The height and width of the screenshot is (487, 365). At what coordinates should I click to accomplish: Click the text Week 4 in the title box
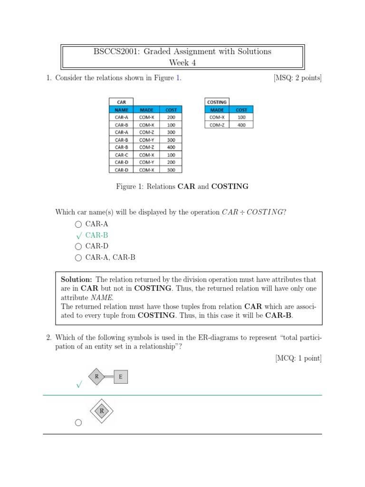[x=182, y=62]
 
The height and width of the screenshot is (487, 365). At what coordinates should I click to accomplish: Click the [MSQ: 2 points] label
[x=298, y=78]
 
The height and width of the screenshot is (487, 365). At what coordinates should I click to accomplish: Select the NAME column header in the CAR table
[x=121, y=109]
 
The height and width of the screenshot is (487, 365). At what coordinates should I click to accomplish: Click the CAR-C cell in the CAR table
[x=121, y=155]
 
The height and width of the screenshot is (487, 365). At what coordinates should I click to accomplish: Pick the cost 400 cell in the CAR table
[x=171, y=147]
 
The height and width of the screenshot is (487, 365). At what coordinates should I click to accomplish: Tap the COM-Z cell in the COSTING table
[x=217, y=125]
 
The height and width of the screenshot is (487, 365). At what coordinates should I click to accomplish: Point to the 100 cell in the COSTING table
[x=241, y=117]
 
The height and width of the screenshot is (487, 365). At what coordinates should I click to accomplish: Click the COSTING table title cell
[x=217, y=102]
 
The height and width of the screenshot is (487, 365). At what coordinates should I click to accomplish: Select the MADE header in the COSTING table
[x=217, y=109]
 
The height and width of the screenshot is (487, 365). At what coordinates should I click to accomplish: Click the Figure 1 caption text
[x=182, y=186]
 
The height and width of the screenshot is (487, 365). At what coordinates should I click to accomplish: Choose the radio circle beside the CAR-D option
[x=78, y=246]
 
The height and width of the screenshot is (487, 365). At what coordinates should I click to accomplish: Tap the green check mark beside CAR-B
[x=78, y=235]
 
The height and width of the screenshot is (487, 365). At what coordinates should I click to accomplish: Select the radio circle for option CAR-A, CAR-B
[x=78, y=258]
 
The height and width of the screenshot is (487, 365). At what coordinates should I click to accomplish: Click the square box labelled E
[x=121, y=377]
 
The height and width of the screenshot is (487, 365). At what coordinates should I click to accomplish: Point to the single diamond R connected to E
[x=97, y=377]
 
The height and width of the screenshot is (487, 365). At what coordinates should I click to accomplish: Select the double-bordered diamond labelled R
[x=101, y=410]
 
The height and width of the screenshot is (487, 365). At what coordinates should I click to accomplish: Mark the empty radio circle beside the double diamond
[x=78, y=422]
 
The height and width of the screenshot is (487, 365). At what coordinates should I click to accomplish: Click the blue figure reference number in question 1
[x=178, y=78]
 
